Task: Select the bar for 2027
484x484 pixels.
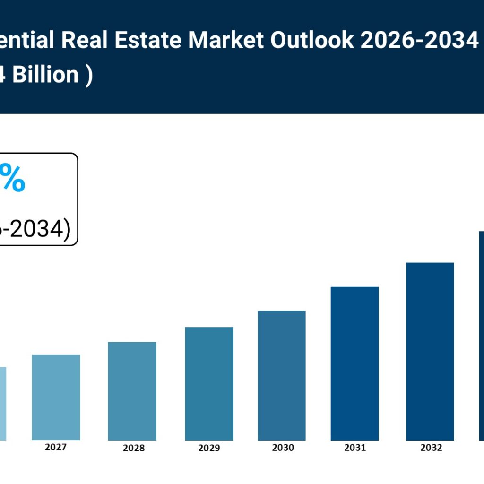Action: (x=56, y=398)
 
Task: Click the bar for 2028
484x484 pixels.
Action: (x=132, y=391)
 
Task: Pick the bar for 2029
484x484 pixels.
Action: (x=209, y=383)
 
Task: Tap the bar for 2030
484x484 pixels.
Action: (x=281, y=375)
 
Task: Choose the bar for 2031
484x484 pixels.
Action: (x=354, y=363)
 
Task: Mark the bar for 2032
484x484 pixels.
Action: (x=430, y=351)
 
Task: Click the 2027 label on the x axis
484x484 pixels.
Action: (x=56, y=447)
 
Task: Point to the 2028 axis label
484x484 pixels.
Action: (x=134, y=448)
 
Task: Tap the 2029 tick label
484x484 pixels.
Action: (x=209, y=448)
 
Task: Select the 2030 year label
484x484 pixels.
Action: (x=283, y=448)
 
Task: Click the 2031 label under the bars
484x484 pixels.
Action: (x=355, y=448)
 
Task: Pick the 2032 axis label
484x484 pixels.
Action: (x=431, y=448)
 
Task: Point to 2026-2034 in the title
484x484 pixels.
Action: (x=419, y=41)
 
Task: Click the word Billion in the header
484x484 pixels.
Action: (x=45, y=75)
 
